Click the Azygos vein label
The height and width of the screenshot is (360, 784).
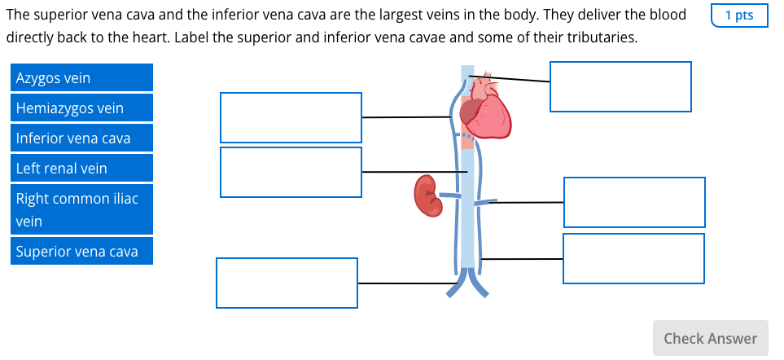click(x=81, y=78)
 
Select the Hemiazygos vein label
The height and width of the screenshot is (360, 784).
click(x=81, y=108)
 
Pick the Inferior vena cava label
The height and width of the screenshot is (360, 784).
click(x=81, y=138)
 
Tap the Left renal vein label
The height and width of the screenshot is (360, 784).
click(x=81, y=169)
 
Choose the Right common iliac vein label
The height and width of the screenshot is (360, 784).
click(x=81, y=209)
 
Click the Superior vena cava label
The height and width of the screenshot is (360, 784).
click(x=81, y=252)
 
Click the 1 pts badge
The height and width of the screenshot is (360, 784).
click(x=739, y=15)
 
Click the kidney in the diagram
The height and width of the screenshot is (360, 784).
click(x=427, y=195)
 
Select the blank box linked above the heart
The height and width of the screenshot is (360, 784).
click(x=620, y=86)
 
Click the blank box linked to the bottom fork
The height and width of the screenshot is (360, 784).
click(x=287, y=283)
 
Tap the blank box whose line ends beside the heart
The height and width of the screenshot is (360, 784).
click(x=291, y=117)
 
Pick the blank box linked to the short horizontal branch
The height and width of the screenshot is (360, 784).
click(x=634, y=202)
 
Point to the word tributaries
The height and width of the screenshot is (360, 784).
click(x=601, y=38)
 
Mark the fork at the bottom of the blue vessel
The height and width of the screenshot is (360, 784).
click(x=467, y=282)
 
